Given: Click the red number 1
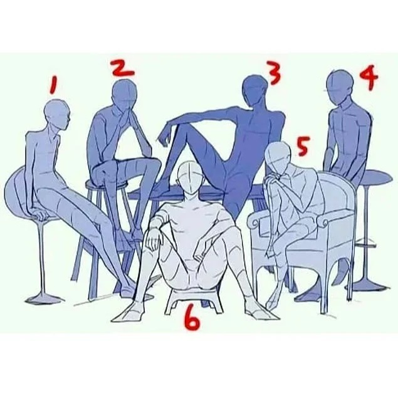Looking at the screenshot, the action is pos(54,85).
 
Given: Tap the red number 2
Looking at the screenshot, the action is pos(123,68).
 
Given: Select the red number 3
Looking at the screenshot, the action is pos(274,73).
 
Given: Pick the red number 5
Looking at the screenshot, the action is pos(302,146).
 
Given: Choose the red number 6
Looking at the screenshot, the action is pos(192,320).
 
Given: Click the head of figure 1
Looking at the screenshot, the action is pos(57,113).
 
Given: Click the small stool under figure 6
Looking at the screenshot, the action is pos(195,301).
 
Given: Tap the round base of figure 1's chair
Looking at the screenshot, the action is pos(45,300).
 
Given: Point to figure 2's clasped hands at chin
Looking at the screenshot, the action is pos(128,113).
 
